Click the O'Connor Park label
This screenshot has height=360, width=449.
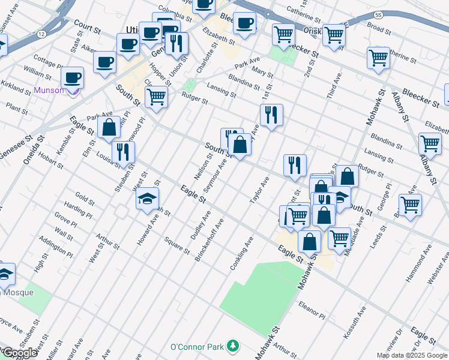196,347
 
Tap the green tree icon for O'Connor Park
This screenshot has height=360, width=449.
232,347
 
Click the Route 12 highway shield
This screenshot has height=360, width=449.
40,34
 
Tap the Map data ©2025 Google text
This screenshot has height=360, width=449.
412,355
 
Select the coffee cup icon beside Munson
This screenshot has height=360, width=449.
72,77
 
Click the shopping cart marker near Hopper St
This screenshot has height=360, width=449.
156,96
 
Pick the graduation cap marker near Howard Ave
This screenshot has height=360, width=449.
146,199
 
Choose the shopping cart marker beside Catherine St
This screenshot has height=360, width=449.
378,58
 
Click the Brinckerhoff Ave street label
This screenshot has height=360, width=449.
209,240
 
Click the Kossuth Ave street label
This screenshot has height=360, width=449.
355,322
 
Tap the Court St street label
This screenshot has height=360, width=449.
87,26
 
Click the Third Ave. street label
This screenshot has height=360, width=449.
334,86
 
